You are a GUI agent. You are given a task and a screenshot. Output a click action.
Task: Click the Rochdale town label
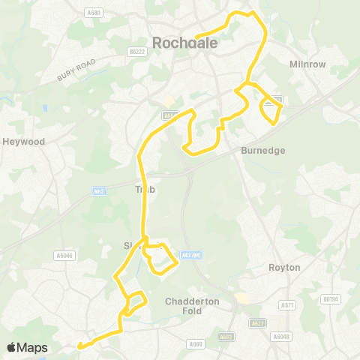pos(184,43)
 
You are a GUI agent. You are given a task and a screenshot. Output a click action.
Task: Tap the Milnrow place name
pos(307,64)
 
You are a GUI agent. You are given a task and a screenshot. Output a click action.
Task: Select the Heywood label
pos(24,141)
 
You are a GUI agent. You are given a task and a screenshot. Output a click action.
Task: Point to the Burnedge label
pos(263,150)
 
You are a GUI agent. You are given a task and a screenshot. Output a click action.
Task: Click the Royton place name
pos(284,267)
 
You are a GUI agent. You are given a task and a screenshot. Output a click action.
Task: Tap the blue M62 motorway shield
pos(99,191)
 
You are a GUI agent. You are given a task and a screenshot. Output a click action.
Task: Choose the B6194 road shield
pos(329,299)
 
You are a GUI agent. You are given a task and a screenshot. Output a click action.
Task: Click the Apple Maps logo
pos(27,347)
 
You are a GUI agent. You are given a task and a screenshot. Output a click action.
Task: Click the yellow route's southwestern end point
pos(79,346)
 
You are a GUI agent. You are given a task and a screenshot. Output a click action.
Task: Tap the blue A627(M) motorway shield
pos(190,254)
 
